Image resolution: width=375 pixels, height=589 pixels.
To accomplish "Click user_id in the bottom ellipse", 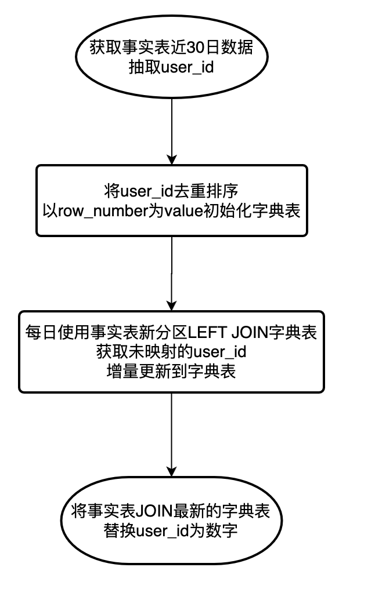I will [164, 530].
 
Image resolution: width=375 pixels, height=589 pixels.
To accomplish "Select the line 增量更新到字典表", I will [171, 371].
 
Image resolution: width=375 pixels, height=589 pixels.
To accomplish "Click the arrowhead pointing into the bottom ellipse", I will [171, 471].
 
